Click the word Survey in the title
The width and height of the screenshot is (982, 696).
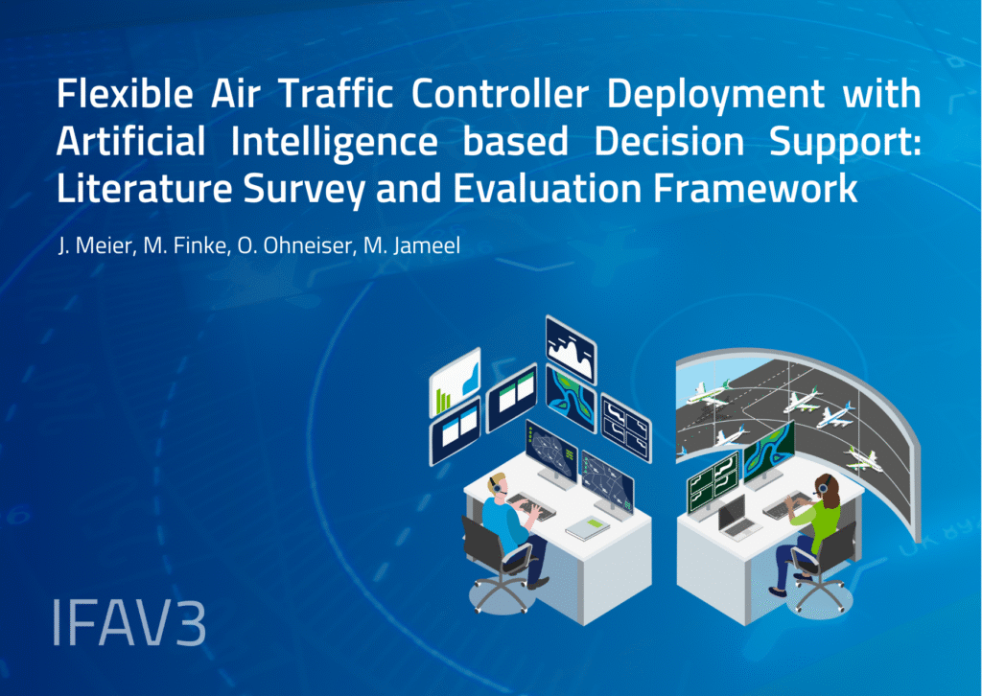point(280,188)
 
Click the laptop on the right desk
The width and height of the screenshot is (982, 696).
point(736,519)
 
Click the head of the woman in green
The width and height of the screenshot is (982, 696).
point(826,490)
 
